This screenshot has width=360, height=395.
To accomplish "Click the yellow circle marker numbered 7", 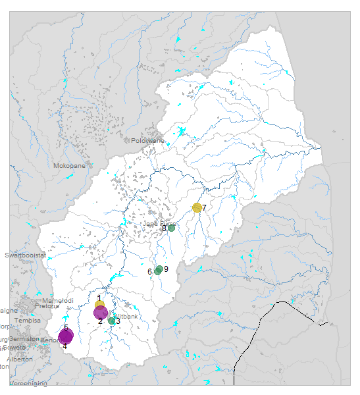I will (197, 207).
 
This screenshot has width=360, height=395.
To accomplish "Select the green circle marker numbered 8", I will (171, 228).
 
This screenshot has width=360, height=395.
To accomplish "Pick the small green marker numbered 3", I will (112, 321).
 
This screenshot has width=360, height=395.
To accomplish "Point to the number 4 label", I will (64, 346).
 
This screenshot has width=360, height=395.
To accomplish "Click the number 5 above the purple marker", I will (66, 327).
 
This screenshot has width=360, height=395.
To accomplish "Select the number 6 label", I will (150, 272).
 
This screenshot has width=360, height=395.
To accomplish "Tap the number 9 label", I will (167, 269).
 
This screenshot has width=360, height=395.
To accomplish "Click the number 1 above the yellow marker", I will (99, 298).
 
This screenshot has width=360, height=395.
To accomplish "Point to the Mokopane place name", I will (70, 166).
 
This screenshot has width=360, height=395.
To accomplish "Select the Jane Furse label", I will (159, 224).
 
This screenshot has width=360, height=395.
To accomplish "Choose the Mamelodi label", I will (58, 300).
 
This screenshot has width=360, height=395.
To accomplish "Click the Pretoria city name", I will (47, 306).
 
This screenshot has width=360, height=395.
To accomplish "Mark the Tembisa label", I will (27, 320).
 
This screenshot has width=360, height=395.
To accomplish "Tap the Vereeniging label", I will (28, 384).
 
